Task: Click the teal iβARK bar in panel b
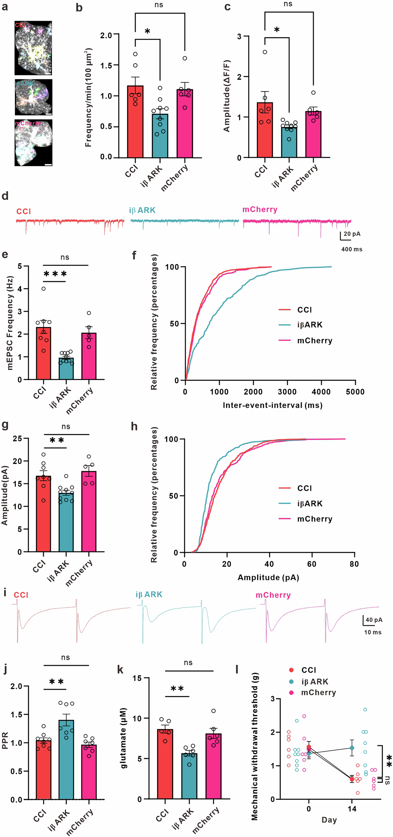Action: point(160,136)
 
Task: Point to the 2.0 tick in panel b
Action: point(106,35)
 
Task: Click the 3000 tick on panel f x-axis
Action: point(287,392)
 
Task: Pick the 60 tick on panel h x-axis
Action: point(311,564)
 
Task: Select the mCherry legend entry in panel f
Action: point(314,341)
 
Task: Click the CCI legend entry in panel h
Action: point(304,488)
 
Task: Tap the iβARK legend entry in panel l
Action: point(314,682)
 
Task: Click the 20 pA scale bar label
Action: point(352,234)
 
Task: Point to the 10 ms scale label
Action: point(373,632)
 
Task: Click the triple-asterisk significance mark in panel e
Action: point(55,274)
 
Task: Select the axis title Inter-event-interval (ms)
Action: point(273,405)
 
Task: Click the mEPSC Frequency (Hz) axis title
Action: point(10,323)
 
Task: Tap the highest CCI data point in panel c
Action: point(265,52)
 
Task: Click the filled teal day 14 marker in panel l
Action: point(352,748)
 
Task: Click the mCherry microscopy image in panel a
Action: point(33,143)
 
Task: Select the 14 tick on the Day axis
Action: point(352,809)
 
